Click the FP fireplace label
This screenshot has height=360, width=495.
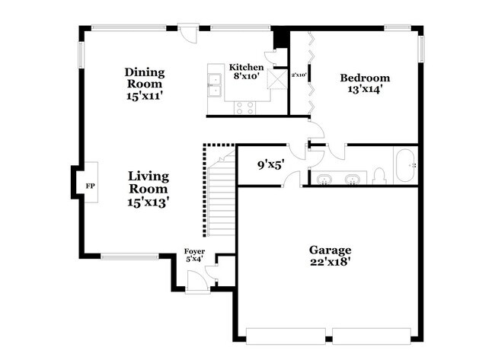coord(90,186)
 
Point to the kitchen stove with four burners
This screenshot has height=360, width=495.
coord(245,107)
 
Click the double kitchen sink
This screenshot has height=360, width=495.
coord(213,91)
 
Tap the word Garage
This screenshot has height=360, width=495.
coord(330,250)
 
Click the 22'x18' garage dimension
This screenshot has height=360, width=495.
coord(330,263)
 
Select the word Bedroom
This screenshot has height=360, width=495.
coord(365,78)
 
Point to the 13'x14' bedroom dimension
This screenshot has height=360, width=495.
coord(365,90)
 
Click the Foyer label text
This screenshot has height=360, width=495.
coord(195,252)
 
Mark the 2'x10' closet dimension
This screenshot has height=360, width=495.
coord(299,75)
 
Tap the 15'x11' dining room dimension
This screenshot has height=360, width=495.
coord(145,97)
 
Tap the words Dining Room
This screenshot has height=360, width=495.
coord(145,78)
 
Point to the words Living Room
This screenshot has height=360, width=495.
coord(148,182)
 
